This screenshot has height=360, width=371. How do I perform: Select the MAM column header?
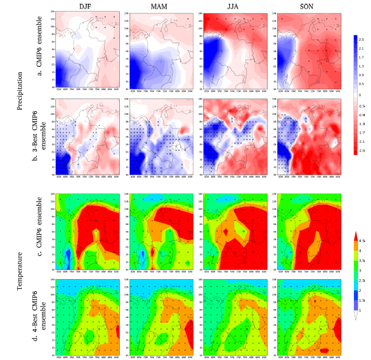[x=159, y=6]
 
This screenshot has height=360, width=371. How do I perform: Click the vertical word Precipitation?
[x=19, y=92]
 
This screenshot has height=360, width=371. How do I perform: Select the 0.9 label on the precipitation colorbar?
[x=361, y=75]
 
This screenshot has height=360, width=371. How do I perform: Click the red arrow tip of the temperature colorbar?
[x=356, y=234]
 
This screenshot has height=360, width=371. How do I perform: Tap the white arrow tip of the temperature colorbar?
[x=356, y=316]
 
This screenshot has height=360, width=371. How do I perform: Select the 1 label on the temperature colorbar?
[x=360, y=310]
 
